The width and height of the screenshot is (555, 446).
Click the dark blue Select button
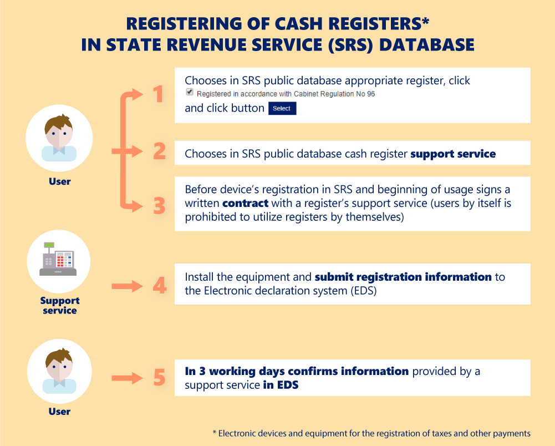282,108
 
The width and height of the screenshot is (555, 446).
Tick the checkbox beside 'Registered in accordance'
190,92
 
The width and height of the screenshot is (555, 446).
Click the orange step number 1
159,94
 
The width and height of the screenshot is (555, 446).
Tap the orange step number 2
159,151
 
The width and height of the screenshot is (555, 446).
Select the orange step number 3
159,206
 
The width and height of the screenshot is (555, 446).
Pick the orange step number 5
159,378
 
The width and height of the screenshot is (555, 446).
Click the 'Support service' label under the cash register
59,306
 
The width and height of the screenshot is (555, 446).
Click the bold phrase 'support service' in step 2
452,154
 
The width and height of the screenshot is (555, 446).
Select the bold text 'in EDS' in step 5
281,385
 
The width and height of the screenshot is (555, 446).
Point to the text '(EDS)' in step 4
364,290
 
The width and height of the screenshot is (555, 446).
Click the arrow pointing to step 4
127,286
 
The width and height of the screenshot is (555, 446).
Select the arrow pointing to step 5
127,378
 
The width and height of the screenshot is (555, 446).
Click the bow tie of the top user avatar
59,149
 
